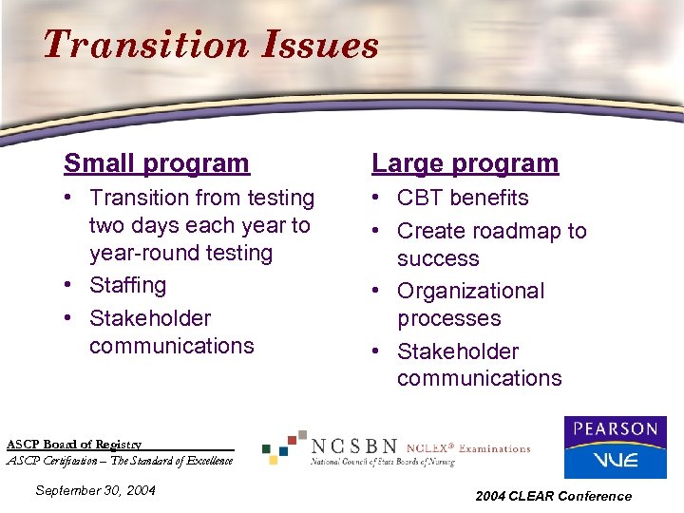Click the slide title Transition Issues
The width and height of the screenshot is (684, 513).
pos(210,45)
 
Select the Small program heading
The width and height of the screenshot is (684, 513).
pos(156,163)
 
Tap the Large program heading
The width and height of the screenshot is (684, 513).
pos(465,163)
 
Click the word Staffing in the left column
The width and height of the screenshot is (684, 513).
pos(127,285)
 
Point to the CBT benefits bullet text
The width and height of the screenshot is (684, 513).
pos(463,198)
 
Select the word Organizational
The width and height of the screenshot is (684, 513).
pos(470,291)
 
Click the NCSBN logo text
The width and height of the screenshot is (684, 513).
pos(354,446)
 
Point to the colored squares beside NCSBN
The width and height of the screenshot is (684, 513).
pos(284,446)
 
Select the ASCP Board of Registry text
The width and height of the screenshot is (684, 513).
pos(74,444)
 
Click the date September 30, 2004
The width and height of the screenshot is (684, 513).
pos(94,490)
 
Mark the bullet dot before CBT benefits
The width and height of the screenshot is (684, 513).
pos(379,199)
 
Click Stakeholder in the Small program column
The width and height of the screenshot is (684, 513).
pos(149,318)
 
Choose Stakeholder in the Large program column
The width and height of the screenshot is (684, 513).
pos(457,351)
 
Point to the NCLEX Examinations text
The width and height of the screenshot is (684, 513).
pos(467,447)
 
